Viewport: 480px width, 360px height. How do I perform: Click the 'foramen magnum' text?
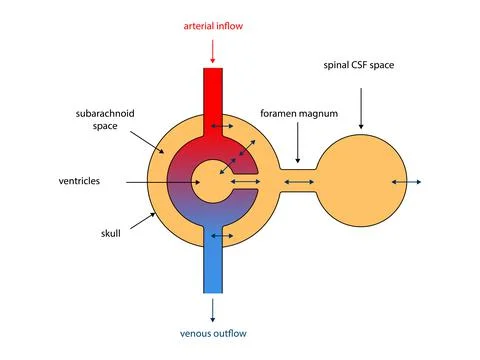297,113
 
